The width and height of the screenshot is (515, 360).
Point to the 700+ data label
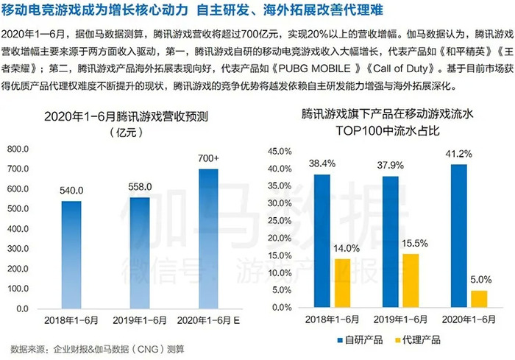point(209,158)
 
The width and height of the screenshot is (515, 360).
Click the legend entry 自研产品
point(361,340)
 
